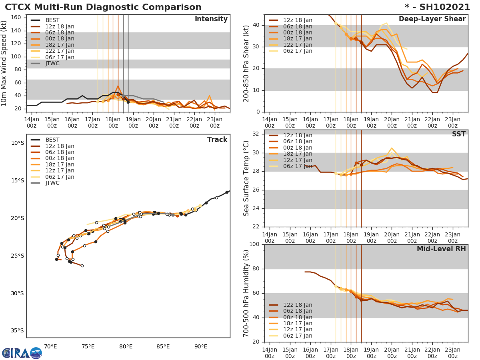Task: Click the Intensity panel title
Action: (211, 19)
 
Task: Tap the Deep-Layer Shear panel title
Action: (432, 19)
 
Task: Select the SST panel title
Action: (459, 134)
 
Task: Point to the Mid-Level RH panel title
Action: (441, 249)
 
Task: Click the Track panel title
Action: (217, 140)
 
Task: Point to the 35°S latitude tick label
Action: (17, 330)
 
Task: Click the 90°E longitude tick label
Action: (201, 346)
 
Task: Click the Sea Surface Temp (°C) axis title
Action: (247, 178)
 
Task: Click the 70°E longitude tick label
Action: (50, 346)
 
